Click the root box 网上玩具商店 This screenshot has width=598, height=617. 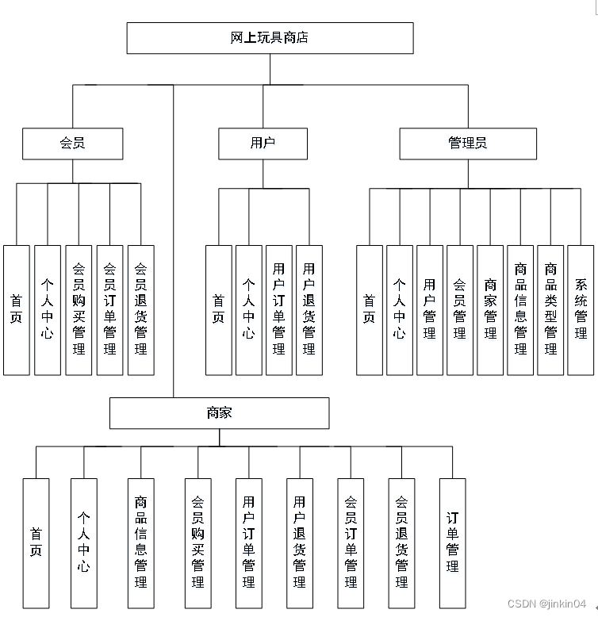(x=270, y=38)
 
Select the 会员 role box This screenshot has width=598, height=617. (x=73, y=144)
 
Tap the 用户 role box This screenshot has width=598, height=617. (x=263, y=144)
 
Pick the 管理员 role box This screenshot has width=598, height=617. (x=468, y=144)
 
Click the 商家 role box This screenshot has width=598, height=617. (x=219, y=413)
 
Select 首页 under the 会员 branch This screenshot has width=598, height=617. (x=17, y=309)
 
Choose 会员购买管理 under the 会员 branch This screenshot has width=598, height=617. (x=79, y=309)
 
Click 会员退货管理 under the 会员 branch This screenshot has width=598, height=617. (x=140, y=309)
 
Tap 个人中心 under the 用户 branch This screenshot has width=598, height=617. (x=248, y=309)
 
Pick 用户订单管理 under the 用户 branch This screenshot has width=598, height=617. (x=278, y=309)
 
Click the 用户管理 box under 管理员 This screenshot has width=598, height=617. (x=429, y=309)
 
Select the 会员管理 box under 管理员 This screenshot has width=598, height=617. (x=459, y=309)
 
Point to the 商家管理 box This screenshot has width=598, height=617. (x=489, y=309)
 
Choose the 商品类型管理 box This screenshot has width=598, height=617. (x=550, y=309)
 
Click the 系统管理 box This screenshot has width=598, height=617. (x=581, y=309)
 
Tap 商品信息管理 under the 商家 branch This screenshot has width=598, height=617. (x=140, y=542)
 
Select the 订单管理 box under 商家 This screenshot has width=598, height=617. (x=452, y=542)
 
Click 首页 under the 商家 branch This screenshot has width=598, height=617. (x=36, y=542)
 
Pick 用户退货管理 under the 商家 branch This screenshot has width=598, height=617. (x=299, y=542)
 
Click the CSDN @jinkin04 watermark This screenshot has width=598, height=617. (x=546, y=604)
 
